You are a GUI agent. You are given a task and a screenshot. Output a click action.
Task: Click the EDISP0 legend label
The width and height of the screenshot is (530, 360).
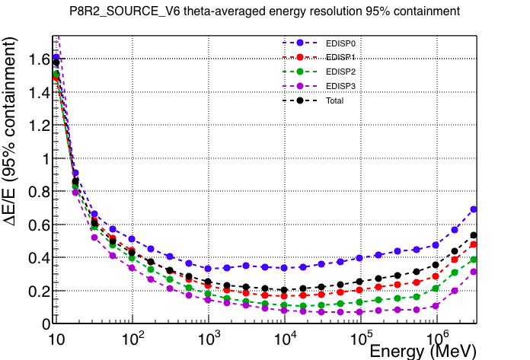340,43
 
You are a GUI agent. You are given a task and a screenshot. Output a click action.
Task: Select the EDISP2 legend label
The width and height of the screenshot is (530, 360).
340,72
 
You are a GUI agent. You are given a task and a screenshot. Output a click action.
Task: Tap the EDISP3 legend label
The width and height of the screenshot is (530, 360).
340,87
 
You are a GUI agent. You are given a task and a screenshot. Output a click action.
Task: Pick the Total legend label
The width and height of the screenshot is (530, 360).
334,100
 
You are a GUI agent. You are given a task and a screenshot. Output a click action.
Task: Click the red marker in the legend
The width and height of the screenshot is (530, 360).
300,57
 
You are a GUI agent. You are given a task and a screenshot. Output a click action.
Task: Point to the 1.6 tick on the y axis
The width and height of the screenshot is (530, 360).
39,59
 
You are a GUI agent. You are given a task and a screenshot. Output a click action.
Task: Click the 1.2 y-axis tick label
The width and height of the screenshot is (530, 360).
39,126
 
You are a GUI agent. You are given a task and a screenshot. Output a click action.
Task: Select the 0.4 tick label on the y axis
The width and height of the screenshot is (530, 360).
39,258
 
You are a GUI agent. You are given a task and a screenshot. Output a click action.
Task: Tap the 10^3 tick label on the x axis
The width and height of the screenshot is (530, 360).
209,338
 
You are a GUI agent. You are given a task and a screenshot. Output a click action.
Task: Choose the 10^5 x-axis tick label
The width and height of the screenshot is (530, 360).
362,338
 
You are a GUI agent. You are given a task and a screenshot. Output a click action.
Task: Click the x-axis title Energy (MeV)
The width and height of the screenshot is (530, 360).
423,351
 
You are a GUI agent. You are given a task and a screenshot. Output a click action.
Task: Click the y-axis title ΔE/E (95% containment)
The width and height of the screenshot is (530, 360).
9,132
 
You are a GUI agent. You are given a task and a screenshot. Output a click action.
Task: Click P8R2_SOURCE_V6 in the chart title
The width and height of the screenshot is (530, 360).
125,11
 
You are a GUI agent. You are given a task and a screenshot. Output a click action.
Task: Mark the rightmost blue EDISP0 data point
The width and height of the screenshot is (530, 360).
474,209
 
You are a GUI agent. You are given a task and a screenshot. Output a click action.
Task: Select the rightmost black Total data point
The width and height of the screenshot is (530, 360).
474,235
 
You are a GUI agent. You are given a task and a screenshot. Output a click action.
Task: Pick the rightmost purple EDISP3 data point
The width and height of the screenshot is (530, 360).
474,272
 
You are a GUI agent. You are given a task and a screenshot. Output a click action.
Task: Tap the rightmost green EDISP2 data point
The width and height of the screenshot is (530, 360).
474,260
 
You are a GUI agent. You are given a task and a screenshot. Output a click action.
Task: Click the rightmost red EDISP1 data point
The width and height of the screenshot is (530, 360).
474,244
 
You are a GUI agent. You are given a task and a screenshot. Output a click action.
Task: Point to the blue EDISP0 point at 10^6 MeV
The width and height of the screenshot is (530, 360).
436,245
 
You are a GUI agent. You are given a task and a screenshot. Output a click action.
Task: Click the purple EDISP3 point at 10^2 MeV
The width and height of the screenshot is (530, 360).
132,268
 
